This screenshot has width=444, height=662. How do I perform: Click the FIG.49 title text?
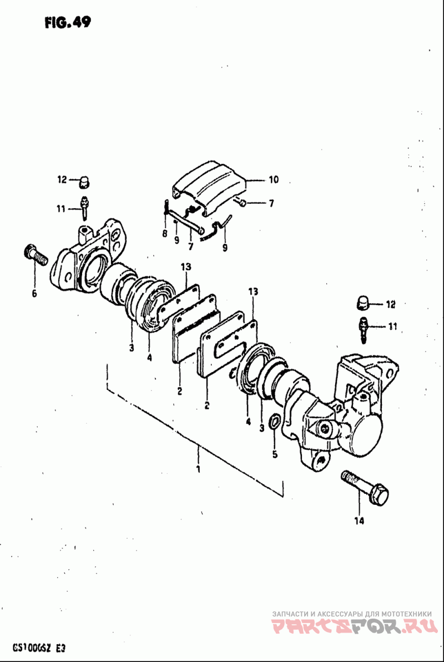click(x=65, y=22)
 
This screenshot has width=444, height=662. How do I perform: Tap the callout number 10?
click(x=274, y=180)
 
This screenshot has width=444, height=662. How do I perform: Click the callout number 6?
click(x=34, y=293)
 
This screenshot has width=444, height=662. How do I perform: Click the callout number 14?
click(x=359, y=521)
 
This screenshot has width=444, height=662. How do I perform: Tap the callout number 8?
click(x=164, y=234)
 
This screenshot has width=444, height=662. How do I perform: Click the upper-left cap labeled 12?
click(x=85, y=181)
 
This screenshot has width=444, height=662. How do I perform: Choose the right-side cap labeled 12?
click(x=362, y=304)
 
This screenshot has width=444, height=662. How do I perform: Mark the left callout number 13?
click(x=185, y=267)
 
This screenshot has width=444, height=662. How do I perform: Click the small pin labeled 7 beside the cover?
click(x=243, y=203)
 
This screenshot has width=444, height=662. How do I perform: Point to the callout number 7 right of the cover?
click(x=271, y=204)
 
